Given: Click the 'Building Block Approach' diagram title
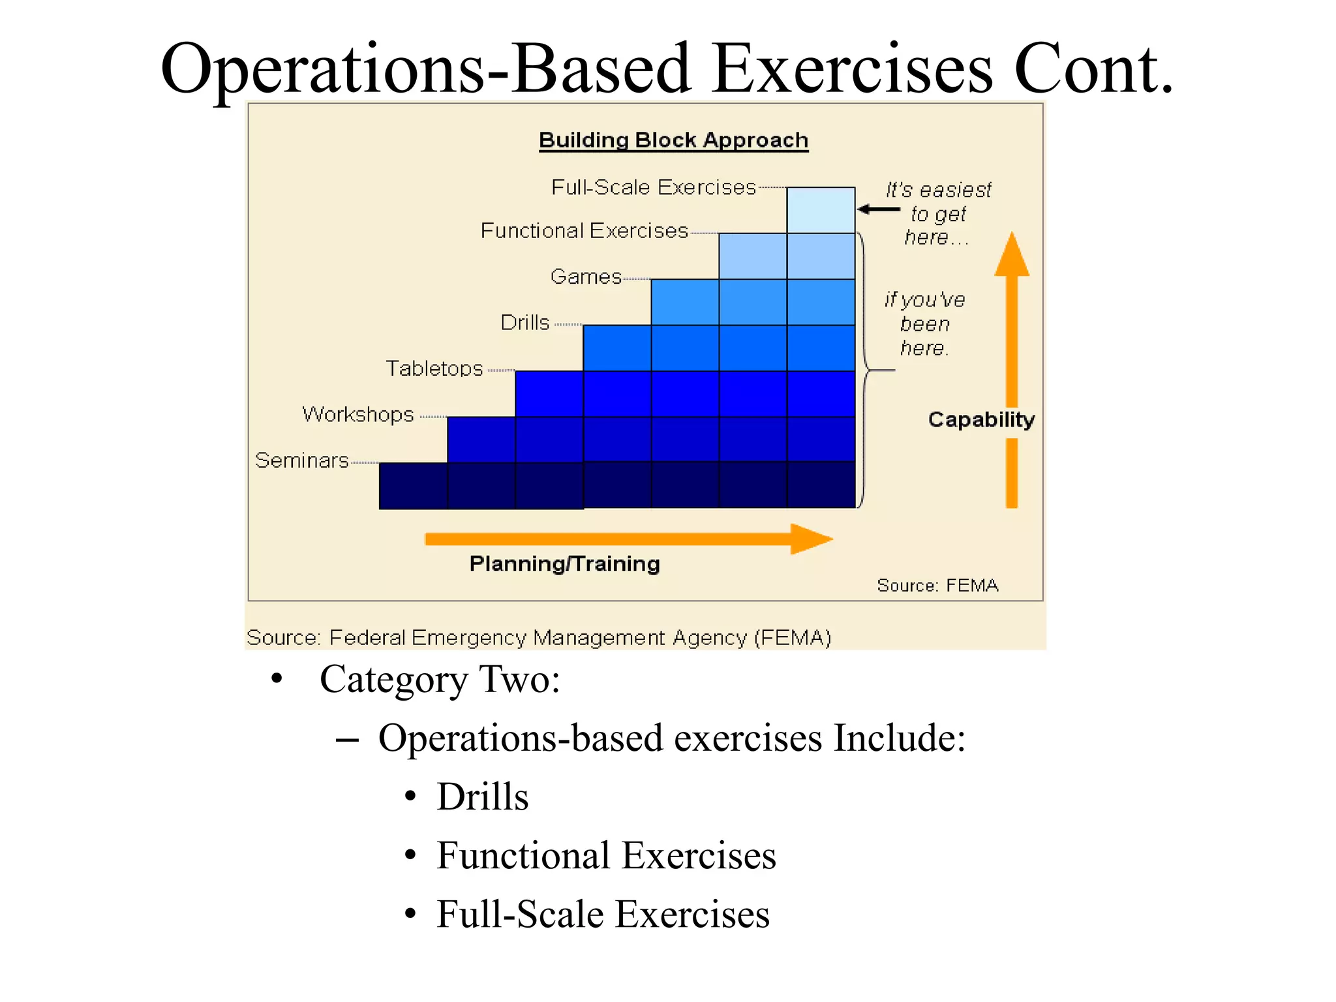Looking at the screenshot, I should [x=673, y=140].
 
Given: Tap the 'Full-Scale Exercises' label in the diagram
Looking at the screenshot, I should [x=653, y=188].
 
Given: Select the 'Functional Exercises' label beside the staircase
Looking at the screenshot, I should [x=584, y=231].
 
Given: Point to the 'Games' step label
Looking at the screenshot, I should [x=585, y=277].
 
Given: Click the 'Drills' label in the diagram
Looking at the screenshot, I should [x=524, y=323].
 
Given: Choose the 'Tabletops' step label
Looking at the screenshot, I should [x=434, y=369].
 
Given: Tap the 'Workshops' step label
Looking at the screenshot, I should [x=358, y=414].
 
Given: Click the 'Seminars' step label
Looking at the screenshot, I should [x=301, y=461].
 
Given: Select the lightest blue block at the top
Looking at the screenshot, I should [x=821, y=210].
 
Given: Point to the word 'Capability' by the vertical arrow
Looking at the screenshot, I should [x=981, y=419].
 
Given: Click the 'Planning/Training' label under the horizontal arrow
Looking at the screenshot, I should [x=564, y=564].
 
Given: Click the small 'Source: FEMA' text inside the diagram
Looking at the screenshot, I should [x=937, y=585].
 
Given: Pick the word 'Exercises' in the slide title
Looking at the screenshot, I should [x=852, y=69].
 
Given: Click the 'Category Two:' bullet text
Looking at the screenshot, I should [x=440, y=680].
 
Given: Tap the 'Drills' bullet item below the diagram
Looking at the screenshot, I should [x=482, y=797].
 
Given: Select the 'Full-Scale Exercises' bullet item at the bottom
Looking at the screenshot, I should [x=603, y=915].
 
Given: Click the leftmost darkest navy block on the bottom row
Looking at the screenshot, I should [x=413, y=485].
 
